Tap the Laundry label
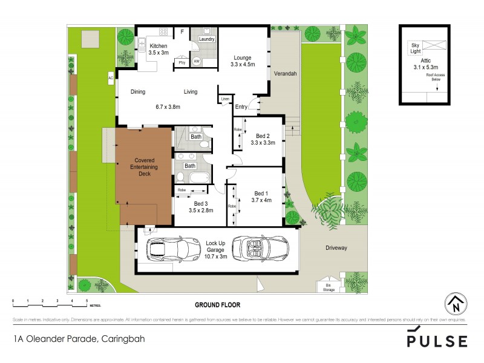[206, 39]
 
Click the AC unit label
[111, 78]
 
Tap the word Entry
[241, 107]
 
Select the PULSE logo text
[437, 340]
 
